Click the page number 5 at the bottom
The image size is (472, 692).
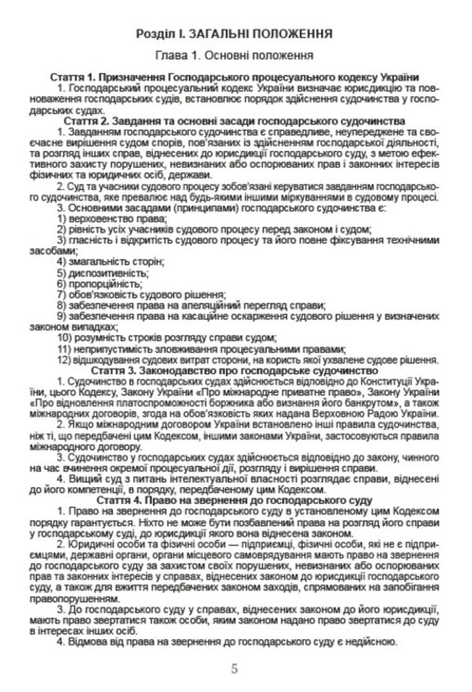(234, 668)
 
